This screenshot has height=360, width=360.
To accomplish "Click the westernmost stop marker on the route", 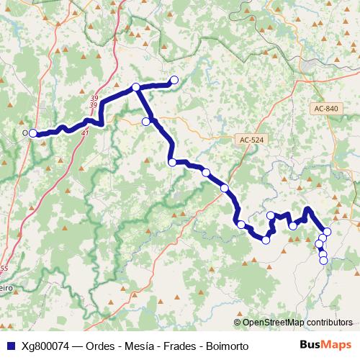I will tap(33, 133).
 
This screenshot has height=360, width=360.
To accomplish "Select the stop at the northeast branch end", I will tap(174, 80).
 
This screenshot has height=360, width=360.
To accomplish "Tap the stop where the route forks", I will tap(135, 88).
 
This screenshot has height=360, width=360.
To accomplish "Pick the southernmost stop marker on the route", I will tap(323, 260).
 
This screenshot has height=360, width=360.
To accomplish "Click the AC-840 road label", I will tap(326, 108).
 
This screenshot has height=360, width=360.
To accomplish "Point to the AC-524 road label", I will tap(251, 140).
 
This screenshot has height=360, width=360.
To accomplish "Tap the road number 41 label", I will tap(86, 132).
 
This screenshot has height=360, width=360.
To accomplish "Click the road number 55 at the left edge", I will tap(4, 268).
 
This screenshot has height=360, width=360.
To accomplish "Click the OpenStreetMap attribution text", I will tap(297, 323).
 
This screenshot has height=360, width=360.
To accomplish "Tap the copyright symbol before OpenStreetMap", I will tap(237, 323).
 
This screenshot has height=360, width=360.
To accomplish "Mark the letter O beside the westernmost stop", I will tap(25, 133).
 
